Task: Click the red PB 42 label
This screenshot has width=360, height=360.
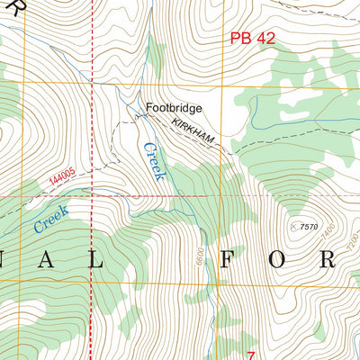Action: pos(252,38)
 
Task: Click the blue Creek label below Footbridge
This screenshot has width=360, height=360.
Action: pos(151,159)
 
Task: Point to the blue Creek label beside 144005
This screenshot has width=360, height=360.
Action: pos(50,218)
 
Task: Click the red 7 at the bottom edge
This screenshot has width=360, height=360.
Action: pos(252,355)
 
